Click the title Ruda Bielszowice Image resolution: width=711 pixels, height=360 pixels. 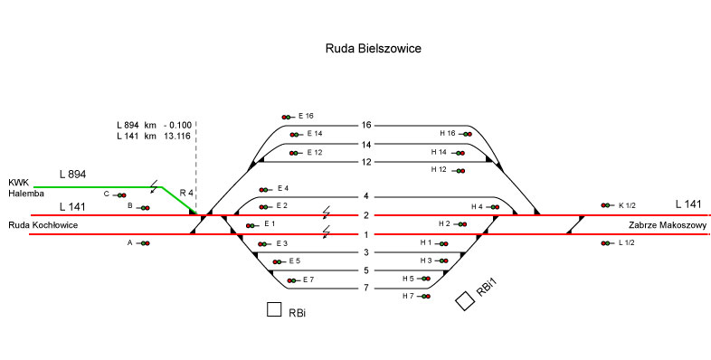point(374,49)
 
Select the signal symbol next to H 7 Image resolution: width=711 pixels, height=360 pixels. point(423,297)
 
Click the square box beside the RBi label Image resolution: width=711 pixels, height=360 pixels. point(274,309)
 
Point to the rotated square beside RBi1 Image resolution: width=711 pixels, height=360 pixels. point(465,301)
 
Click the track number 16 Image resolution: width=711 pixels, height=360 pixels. point(366,125)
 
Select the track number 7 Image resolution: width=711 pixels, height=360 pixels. point(366,288)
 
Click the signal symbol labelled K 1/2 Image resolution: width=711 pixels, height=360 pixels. point(607,205)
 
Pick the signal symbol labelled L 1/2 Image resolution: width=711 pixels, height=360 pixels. point(607,243)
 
